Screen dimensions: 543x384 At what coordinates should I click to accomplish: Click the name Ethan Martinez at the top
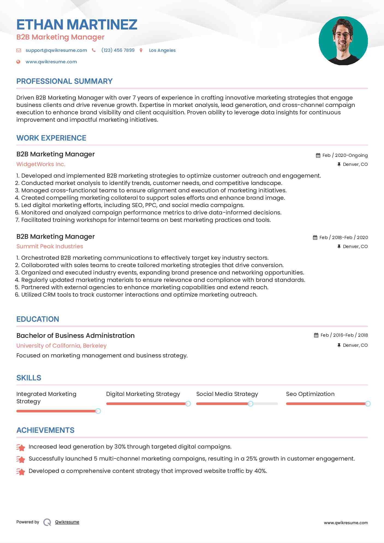click(x=77, y=25)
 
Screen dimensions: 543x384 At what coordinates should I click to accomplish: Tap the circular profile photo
click(x=343, y=41)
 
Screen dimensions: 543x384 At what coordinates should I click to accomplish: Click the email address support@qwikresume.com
click(x=56, y=50)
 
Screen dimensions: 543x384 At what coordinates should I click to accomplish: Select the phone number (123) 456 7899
click(x=118, y=50)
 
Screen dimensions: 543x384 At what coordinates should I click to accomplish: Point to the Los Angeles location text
click(x=162, y=50)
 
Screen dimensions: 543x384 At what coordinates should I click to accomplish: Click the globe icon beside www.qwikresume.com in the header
click(x=18, y=62)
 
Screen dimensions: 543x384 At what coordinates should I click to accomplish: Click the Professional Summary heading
click(x=64, y=81)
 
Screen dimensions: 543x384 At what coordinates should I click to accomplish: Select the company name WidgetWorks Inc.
click(x=41, y=164)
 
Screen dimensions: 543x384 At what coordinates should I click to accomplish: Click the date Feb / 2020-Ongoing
click(x=345, y=155)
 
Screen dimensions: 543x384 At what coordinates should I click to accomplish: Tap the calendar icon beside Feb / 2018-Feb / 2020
click(x=315, y=237)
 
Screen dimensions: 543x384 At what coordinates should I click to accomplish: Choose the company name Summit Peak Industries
click(x=50, y=246)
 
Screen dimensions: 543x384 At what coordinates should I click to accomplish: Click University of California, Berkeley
click(x=61, y=346)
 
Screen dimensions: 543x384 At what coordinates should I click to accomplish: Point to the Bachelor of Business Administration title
click(x=75, y=336)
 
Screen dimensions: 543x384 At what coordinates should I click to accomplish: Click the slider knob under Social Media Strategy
click(x=250, y=404)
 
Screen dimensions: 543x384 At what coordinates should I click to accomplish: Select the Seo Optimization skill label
click(x=310, y=394)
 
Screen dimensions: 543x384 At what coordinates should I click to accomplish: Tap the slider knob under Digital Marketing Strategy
click(x=188, y=404)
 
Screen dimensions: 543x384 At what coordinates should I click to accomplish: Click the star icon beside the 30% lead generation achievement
click(x=21, y=447)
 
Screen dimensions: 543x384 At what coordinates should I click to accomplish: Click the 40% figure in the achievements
click(x=260, y=471)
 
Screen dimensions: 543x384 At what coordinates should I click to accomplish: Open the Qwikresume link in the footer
click(x=67, y=522)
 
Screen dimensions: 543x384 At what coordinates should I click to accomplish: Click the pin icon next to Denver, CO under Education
click(x=339, y=345)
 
